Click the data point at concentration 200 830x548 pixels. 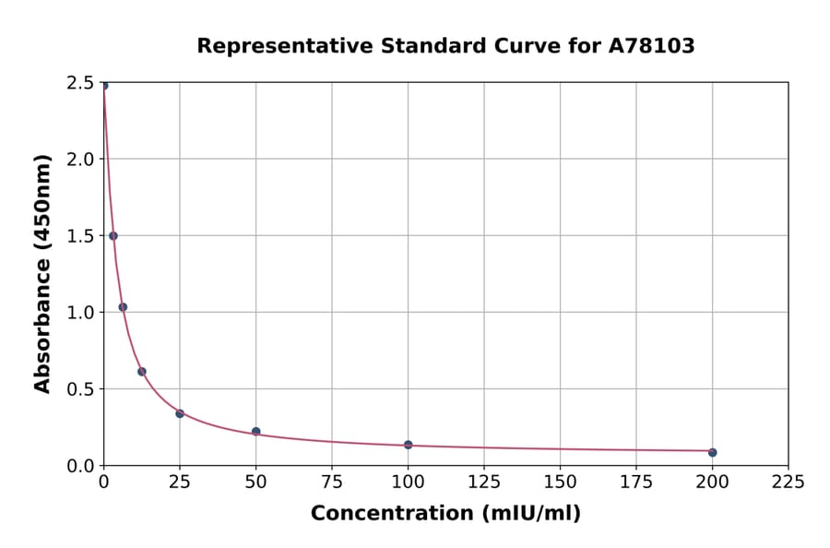pos(712,452)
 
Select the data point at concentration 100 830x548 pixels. pos(408,445)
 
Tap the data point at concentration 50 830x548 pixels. pos(255,432)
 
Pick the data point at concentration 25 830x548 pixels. pos(180,413)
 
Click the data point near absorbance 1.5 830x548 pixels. pos(113,236)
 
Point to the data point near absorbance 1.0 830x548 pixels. pos(123,307)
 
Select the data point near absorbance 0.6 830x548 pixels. pos(142,372)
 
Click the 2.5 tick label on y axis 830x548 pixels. pos(80,83)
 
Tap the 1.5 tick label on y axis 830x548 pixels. pos(80,236)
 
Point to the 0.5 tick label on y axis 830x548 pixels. pos(80,389)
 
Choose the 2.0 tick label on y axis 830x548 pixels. pos(80,160)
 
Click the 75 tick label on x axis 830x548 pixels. pos(332,482)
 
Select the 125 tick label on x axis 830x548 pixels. pos(484,482)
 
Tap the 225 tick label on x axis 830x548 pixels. pos(788,482)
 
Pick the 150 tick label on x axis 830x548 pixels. pos(560,482)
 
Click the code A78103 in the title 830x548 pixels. pos(652,46)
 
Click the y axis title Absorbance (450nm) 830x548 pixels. pos(42,273)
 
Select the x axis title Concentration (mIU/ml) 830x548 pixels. pos(445,514)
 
